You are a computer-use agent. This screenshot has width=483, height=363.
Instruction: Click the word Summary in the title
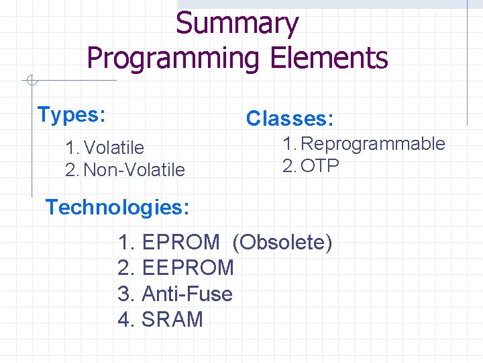point(237,24)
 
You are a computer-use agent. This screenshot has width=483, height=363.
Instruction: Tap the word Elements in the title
point(329,58)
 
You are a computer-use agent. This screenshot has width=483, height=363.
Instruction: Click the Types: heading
point(71,115)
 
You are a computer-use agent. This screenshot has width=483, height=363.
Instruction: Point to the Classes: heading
point(289,119)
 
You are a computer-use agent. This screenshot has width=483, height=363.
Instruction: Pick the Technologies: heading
point(117,207)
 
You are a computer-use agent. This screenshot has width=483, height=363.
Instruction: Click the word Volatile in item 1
point(115,147)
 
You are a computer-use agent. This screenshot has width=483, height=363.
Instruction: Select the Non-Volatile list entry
point(134,170)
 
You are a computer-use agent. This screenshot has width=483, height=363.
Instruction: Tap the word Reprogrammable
point(374,143)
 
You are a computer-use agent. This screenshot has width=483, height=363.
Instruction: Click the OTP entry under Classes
point(320,166)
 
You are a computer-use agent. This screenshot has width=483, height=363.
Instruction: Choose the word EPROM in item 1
point(181,242)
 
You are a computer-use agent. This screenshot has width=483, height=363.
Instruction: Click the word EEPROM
point(189,268)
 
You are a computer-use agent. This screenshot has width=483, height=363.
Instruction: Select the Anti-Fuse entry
point(187,294)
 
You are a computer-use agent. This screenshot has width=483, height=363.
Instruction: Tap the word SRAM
point(172,319)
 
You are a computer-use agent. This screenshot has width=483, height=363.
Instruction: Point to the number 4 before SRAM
point(125,319)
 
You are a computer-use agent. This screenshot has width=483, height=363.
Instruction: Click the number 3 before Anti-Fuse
point(125,294)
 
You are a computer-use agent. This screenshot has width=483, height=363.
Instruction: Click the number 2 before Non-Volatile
point(71,170)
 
